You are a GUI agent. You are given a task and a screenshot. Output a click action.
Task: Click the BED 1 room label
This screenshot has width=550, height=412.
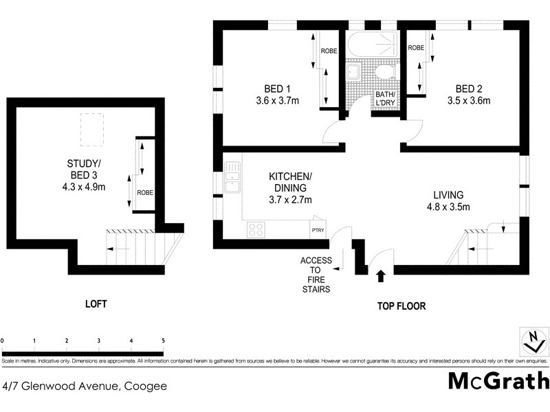tap(277, 89)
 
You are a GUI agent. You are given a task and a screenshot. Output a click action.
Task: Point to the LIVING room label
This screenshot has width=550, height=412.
tap(449, 194)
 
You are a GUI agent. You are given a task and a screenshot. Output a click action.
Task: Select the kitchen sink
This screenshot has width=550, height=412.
tap(232, 176)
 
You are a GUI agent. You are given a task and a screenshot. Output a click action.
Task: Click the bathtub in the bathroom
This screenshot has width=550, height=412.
tap(372, 47)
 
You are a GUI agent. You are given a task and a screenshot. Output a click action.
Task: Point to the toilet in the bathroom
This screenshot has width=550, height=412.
tap(384, 73)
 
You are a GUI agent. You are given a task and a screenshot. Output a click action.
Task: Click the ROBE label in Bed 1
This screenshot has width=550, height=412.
tap(329, 50)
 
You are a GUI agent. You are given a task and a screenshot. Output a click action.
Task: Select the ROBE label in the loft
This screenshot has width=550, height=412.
tap(144, 193)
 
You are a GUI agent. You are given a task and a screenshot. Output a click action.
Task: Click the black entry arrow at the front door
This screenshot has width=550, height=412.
tap(380, 276)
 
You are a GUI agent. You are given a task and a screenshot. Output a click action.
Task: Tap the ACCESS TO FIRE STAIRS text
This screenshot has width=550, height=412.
tap(316, 275)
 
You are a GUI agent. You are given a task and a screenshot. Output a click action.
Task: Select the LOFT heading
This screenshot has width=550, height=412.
tap(96, 304)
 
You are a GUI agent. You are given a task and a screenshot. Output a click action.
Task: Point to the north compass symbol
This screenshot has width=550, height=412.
tap(531, 340)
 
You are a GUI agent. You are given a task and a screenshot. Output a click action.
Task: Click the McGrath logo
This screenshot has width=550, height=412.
tap(498, 381)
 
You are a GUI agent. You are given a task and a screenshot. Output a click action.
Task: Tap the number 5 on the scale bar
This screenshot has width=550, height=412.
tap(163, 341)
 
